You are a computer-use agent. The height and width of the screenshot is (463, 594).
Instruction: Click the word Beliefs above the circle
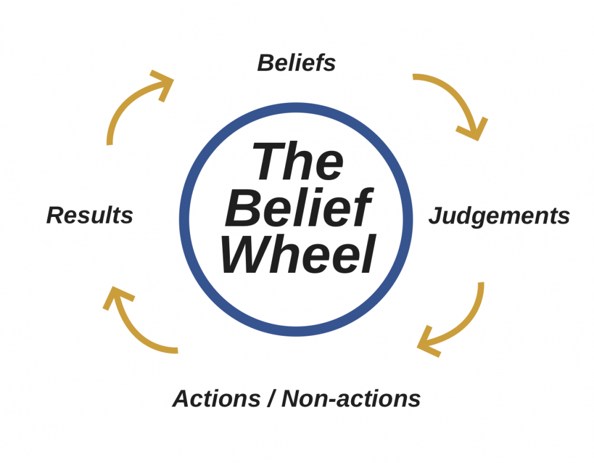click(x=296, y=63)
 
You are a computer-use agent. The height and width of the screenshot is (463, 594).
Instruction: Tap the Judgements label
click(x=499, y=216)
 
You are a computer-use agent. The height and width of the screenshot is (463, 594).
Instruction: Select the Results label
click(x=90, y=215)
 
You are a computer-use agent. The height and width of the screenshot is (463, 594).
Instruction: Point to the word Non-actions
click(x=351, y=398)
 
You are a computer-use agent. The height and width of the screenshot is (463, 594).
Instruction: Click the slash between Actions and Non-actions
click(x=270, y=398)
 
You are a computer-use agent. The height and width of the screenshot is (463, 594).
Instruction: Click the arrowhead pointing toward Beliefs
click(x=162, y=83)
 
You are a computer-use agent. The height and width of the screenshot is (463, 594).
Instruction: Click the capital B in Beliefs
click(x=265, y=63)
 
